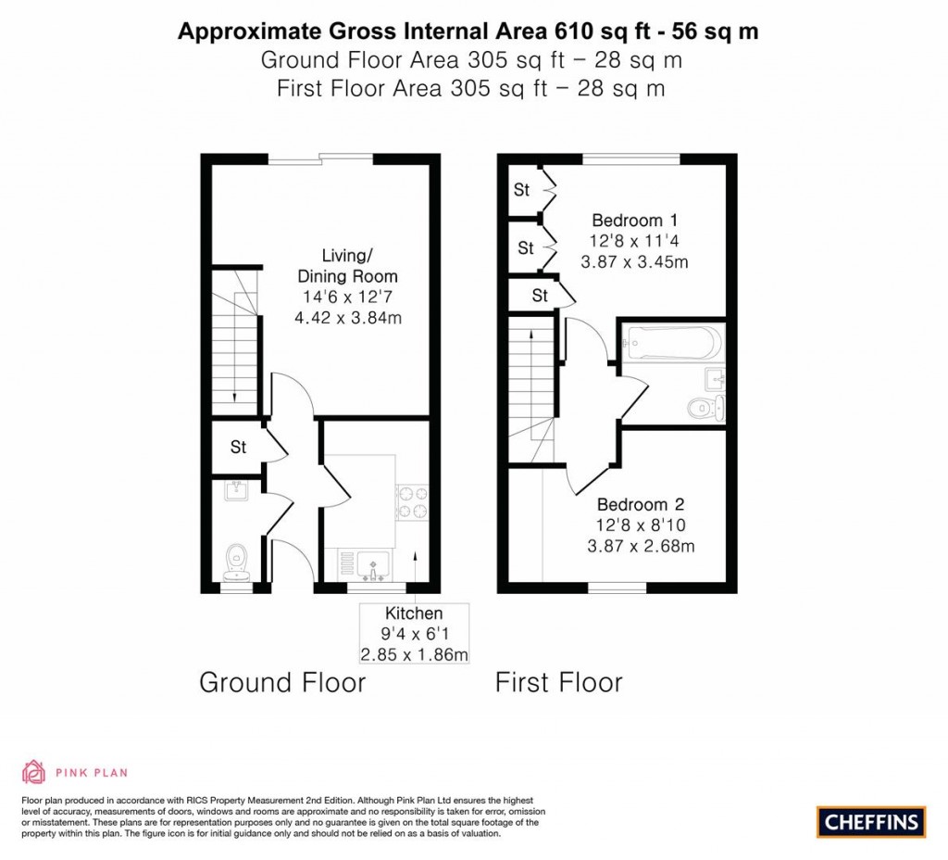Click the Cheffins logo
tap(871, 822)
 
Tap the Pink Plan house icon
tap(34, 772)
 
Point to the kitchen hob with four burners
tap(412, 502)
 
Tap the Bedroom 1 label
tap(635, 221)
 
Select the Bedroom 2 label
tap(641, 504)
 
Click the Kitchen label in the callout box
tap(414, 613)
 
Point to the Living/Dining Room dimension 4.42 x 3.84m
tap(348, 318)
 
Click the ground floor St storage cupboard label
tap(238, 447)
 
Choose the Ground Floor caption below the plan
tap(282, 682)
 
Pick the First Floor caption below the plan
tap(558, 682)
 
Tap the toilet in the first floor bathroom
tap(706, 408)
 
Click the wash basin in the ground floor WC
tap(236, 489)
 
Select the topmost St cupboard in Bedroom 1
tap(521, 189)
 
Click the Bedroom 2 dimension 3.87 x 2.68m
tap(641, 547)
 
